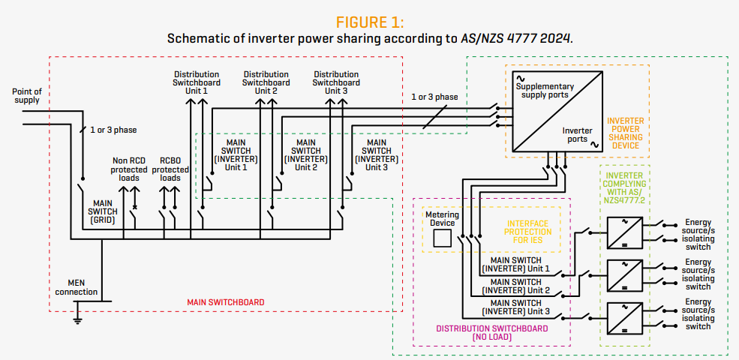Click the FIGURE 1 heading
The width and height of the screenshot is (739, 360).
[369, 21]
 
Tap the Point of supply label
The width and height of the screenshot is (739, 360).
[27, 96]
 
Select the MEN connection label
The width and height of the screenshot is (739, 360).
[77, 287]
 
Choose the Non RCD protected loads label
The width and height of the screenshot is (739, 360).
[130, 169]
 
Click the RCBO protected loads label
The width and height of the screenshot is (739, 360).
[170, 169]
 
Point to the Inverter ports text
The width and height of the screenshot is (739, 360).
[576, 134]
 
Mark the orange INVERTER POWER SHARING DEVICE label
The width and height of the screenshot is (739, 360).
[624, 133]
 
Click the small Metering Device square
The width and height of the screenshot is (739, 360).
[443, 238]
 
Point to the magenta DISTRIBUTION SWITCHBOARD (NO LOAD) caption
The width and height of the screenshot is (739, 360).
[491, 333]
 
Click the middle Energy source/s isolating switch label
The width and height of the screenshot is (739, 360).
[698, 274]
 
